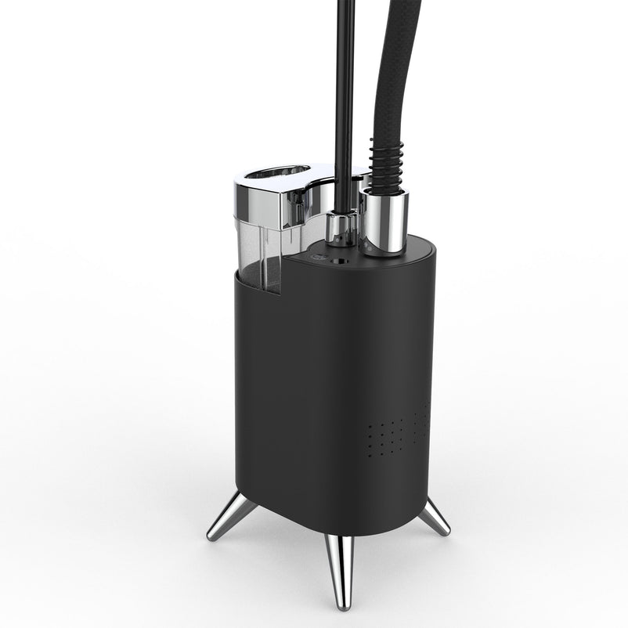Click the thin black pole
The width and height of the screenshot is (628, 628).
(345, 94)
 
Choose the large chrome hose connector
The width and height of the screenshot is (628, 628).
(384, 222)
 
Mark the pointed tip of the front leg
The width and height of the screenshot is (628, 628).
(342, 605)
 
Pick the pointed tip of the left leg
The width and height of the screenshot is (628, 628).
(210, 538)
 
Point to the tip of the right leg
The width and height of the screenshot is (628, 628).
(447, 532)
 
